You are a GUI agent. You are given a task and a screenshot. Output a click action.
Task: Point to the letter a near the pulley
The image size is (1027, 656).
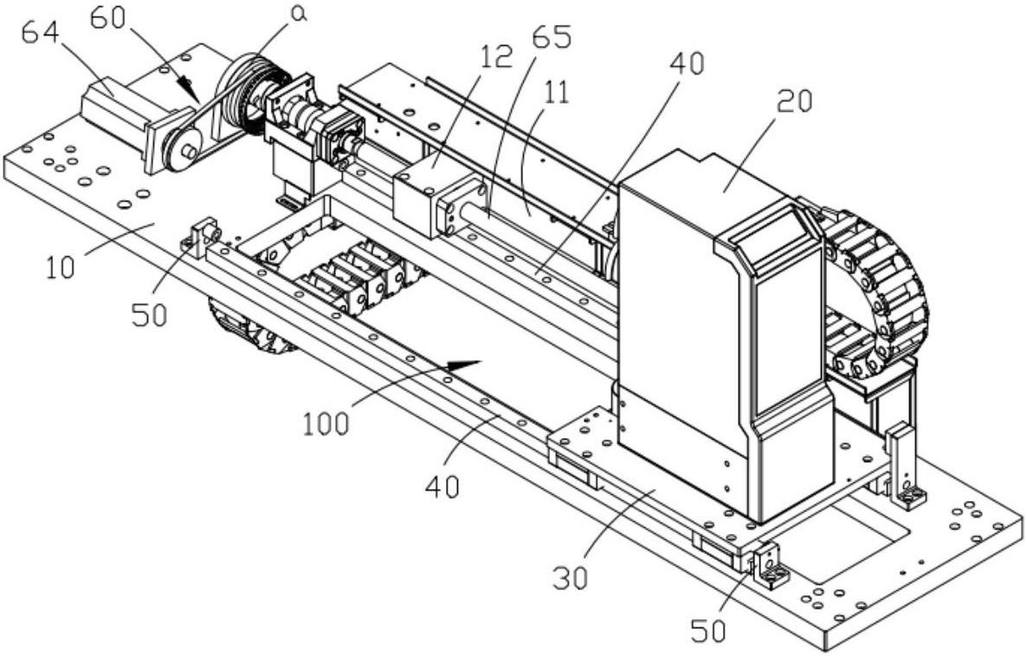coord(299,16)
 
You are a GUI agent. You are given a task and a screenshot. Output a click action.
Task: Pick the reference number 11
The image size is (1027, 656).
coord(555,93)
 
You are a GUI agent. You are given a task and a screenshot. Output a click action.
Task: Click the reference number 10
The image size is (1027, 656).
coord(61,267)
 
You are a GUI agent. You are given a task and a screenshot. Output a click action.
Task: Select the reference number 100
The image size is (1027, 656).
coord(326,424)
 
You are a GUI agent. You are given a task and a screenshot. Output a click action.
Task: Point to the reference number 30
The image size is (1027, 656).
coord(569,577)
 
